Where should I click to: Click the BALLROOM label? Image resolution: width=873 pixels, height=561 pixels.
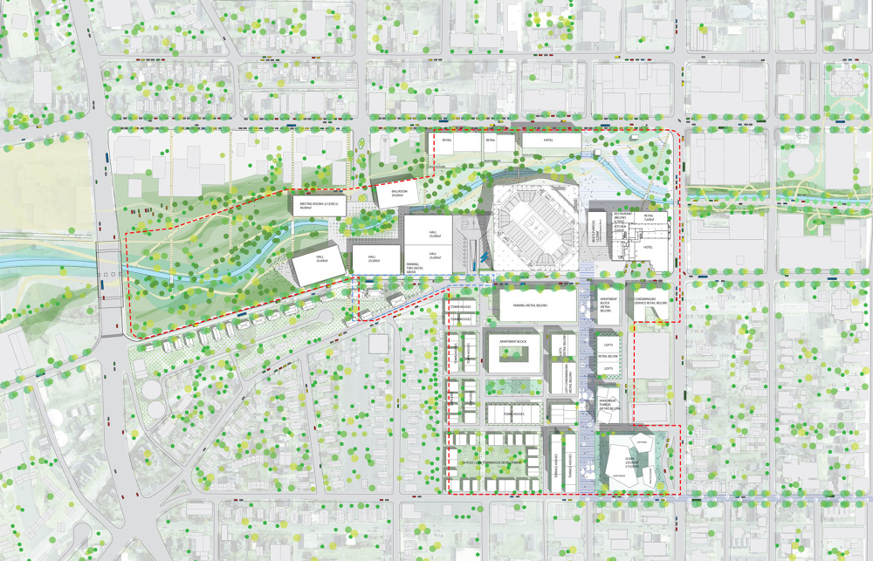click(x=399, y=192)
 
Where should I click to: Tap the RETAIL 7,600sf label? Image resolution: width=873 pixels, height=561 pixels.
click(x=650, y=219)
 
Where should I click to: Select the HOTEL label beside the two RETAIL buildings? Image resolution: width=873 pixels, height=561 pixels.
click(x=551, y=140)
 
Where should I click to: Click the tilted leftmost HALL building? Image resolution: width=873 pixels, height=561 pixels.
click(x=310, y=261)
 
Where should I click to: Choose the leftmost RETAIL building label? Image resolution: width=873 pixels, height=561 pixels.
click(x=446, y=140)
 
